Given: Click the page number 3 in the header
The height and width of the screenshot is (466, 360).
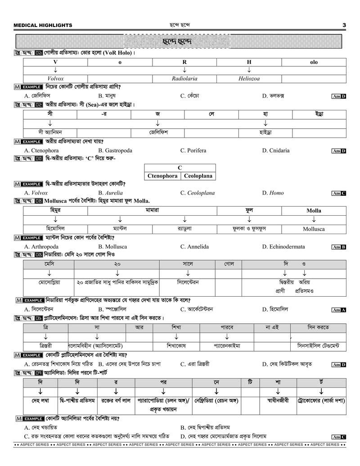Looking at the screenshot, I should tap(344, 25).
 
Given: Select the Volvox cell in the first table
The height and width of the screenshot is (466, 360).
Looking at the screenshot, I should tap(55, 79).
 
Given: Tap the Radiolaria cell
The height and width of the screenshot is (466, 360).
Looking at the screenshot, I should tap(184, 79).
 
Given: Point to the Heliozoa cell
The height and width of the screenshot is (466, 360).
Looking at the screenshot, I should tap(249, 79).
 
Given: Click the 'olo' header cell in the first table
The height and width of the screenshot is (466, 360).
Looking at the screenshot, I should tap(314, 62).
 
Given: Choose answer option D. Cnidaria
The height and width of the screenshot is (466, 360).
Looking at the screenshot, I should tap(276, 150).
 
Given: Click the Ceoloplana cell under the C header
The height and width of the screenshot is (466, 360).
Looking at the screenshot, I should tap(198, 176).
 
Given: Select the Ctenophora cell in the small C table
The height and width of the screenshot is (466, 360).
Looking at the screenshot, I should tap(162, 176).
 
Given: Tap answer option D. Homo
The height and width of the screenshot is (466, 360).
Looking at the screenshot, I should tap(273, 193).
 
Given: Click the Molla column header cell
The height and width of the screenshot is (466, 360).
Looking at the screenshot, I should tap(314, 211).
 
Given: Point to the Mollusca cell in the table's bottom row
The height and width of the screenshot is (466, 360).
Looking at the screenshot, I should tap(314, 229).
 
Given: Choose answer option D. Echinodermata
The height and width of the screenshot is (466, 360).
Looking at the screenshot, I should tap(283, 247).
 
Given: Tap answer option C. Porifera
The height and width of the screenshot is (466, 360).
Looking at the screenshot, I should tap(193, 150).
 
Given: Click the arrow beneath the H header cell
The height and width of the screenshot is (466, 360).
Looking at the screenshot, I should tap(249, 70).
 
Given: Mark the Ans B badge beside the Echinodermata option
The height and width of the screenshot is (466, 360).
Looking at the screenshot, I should tap(338, 247).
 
